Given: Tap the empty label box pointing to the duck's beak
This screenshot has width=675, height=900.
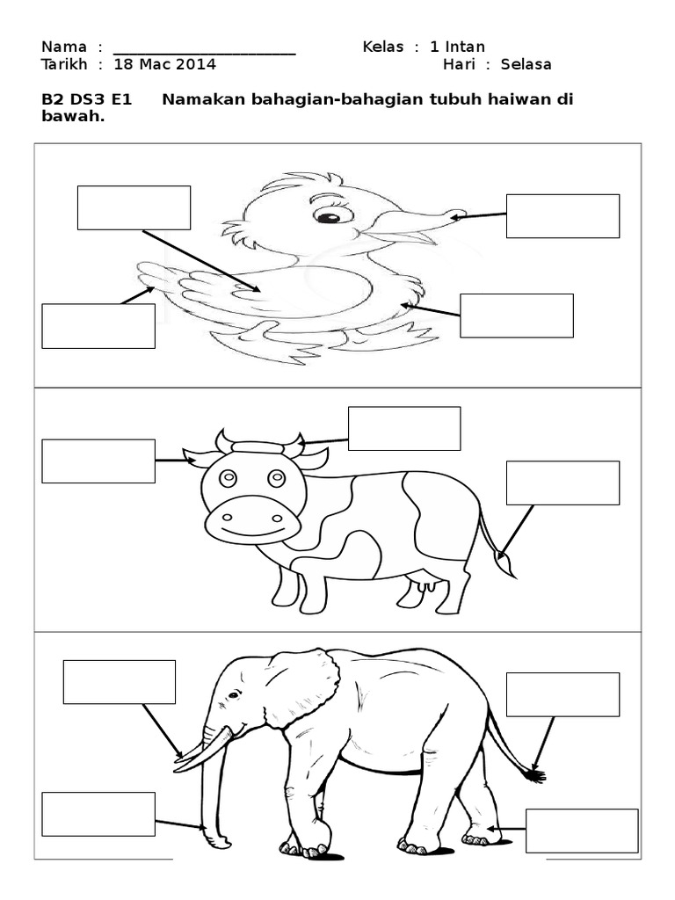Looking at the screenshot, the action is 562,216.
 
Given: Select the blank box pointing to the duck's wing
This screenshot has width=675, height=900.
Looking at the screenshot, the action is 134,207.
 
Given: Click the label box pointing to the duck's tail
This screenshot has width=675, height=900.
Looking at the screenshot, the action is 98,326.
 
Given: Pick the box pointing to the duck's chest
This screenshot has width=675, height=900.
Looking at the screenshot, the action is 517,316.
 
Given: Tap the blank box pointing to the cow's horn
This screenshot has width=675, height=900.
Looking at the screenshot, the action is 404,428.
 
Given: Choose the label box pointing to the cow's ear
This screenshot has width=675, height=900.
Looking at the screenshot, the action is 98,461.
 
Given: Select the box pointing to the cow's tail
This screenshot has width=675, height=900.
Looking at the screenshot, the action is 562,483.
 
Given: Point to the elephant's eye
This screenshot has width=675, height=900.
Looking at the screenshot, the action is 234,696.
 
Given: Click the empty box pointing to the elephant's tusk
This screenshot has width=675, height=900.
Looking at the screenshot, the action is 120,682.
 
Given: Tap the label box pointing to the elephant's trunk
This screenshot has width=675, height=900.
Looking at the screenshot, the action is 98,814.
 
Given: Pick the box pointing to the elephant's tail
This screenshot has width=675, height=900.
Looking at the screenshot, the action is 562,694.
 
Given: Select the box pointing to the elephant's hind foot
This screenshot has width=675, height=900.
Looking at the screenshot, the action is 582,831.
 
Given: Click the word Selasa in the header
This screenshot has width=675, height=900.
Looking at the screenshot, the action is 526,64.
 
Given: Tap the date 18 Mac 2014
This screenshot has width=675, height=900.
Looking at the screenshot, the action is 164,64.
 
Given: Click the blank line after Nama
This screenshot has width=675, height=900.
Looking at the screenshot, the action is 204,54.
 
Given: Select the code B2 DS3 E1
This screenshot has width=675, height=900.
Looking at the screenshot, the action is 87,99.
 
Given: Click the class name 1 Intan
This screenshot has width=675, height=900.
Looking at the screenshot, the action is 457,47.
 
